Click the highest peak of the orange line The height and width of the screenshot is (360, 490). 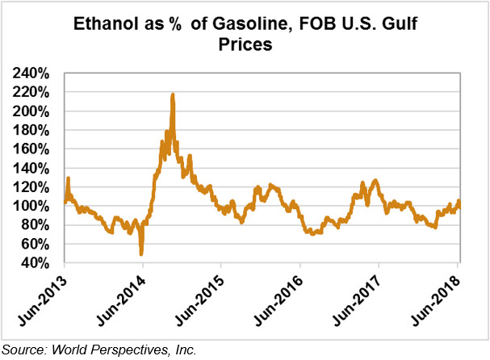click(173, 95)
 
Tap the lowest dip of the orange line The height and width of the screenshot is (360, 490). click(142, 254)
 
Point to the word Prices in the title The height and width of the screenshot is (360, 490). click(245, 46)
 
